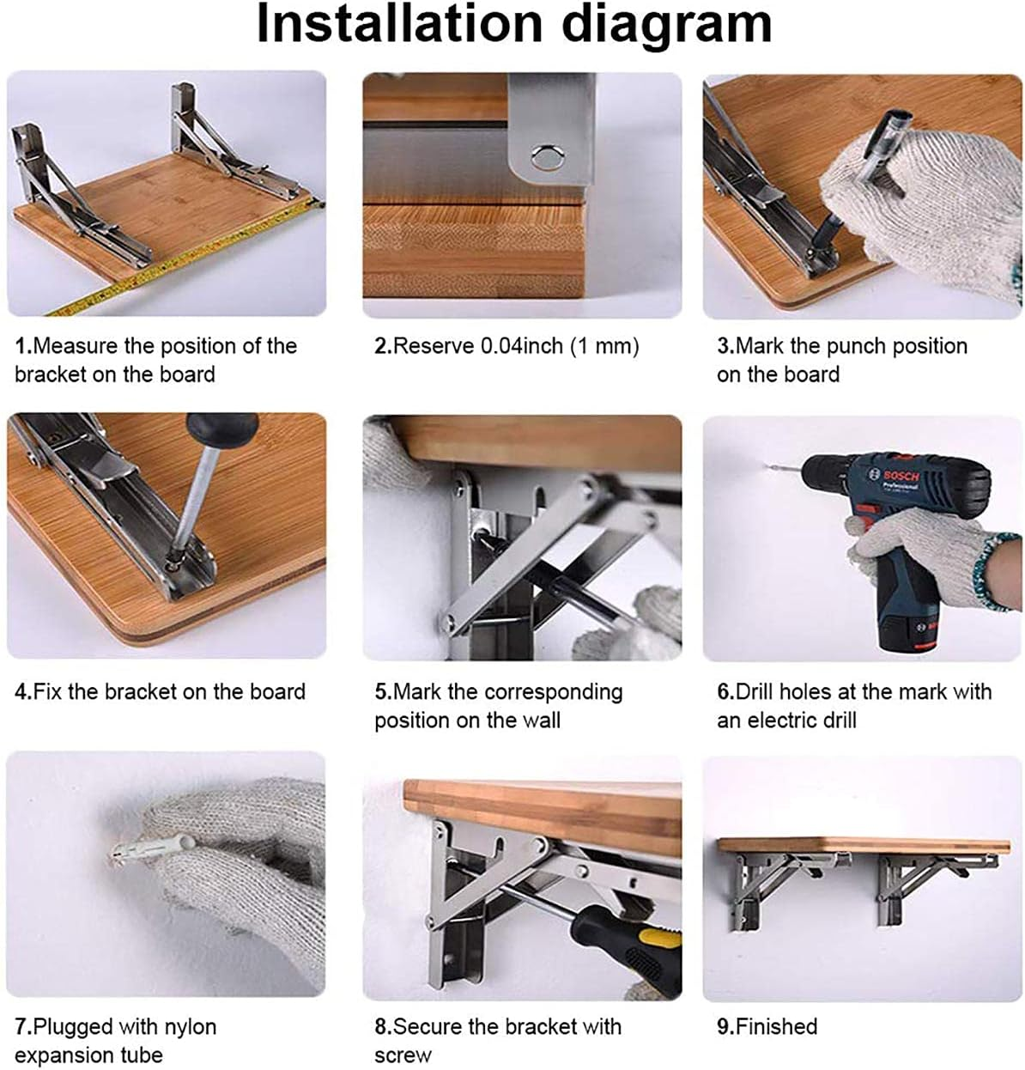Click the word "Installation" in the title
pyautogui.click(x=399, y=24)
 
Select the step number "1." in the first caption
pyautogui.click(x=23, y=346)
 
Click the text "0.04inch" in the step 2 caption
pyautogui.click(x=522, y=346)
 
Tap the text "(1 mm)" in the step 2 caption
pyautogui.click(x=604, y=346)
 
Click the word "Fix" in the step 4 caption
pyautogui.click(x=48, y=691)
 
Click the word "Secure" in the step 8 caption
pyautogui.click(x=427, y=1026)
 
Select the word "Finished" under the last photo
pyautogui.click(x=776, y=1026)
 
